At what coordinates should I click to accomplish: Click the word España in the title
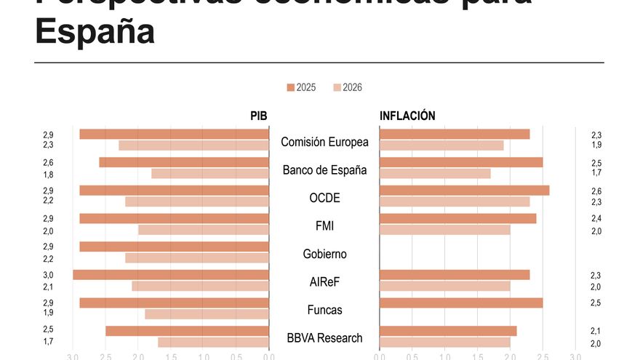pyautogui.click(x=95, y=33)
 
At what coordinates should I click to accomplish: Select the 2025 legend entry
pyautogui.click(x=301, y=88)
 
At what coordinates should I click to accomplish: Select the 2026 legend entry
pyautogui.click(x=347, y=88)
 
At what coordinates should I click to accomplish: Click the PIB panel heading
pyautogui.click(x=259, y=116)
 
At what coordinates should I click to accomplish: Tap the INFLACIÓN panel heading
pyautogui.click(x=407, y=116)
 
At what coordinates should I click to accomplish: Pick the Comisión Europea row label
pyautogui.click(x=324, y=142)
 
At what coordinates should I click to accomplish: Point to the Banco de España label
pyautogui.click(x=324, y=170)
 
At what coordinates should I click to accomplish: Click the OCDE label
pyautogui.click(x=324, y=198)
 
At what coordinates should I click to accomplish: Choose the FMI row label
pyautogui.click(x=324, y=226)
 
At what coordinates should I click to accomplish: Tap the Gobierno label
pyautogui.click(x=324, y=254)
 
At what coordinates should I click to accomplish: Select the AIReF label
pyautogui.click(x=324, y=282)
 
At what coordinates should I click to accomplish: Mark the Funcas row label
pyautogui.click(x=324, y=310)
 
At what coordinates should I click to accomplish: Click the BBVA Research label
pyautogui.click(x=324, y=338)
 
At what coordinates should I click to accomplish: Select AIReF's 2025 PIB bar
pyautogui.click(x=171, y=275)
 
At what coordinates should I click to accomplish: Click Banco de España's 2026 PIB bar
pyautogui.click(x=210, y=174)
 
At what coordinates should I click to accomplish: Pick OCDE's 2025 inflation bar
pyautogui.click(x=464, y=191)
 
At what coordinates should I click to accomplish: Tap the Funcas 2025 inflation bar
pyautogui.click(x=461, y=303)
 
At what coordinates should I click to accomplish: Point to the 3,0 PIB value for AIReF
pyautogui.click(x=48, y=275)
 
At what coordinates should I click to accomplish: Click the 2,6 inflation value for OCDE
pyautogui.click(x=596, y=191)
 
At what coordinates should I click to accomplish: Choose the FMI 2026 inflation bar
pyautogui.click(x=444, y=230)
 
